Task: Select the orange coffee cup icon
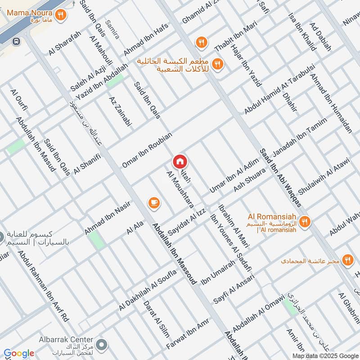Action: click(x=154, y=203)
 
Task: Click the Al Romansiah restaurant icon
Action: click(x=305, y=221)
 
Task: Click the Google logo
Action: click(x=19, y=353)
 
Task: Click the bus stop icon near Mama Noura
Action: click(x=16, y=41)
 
